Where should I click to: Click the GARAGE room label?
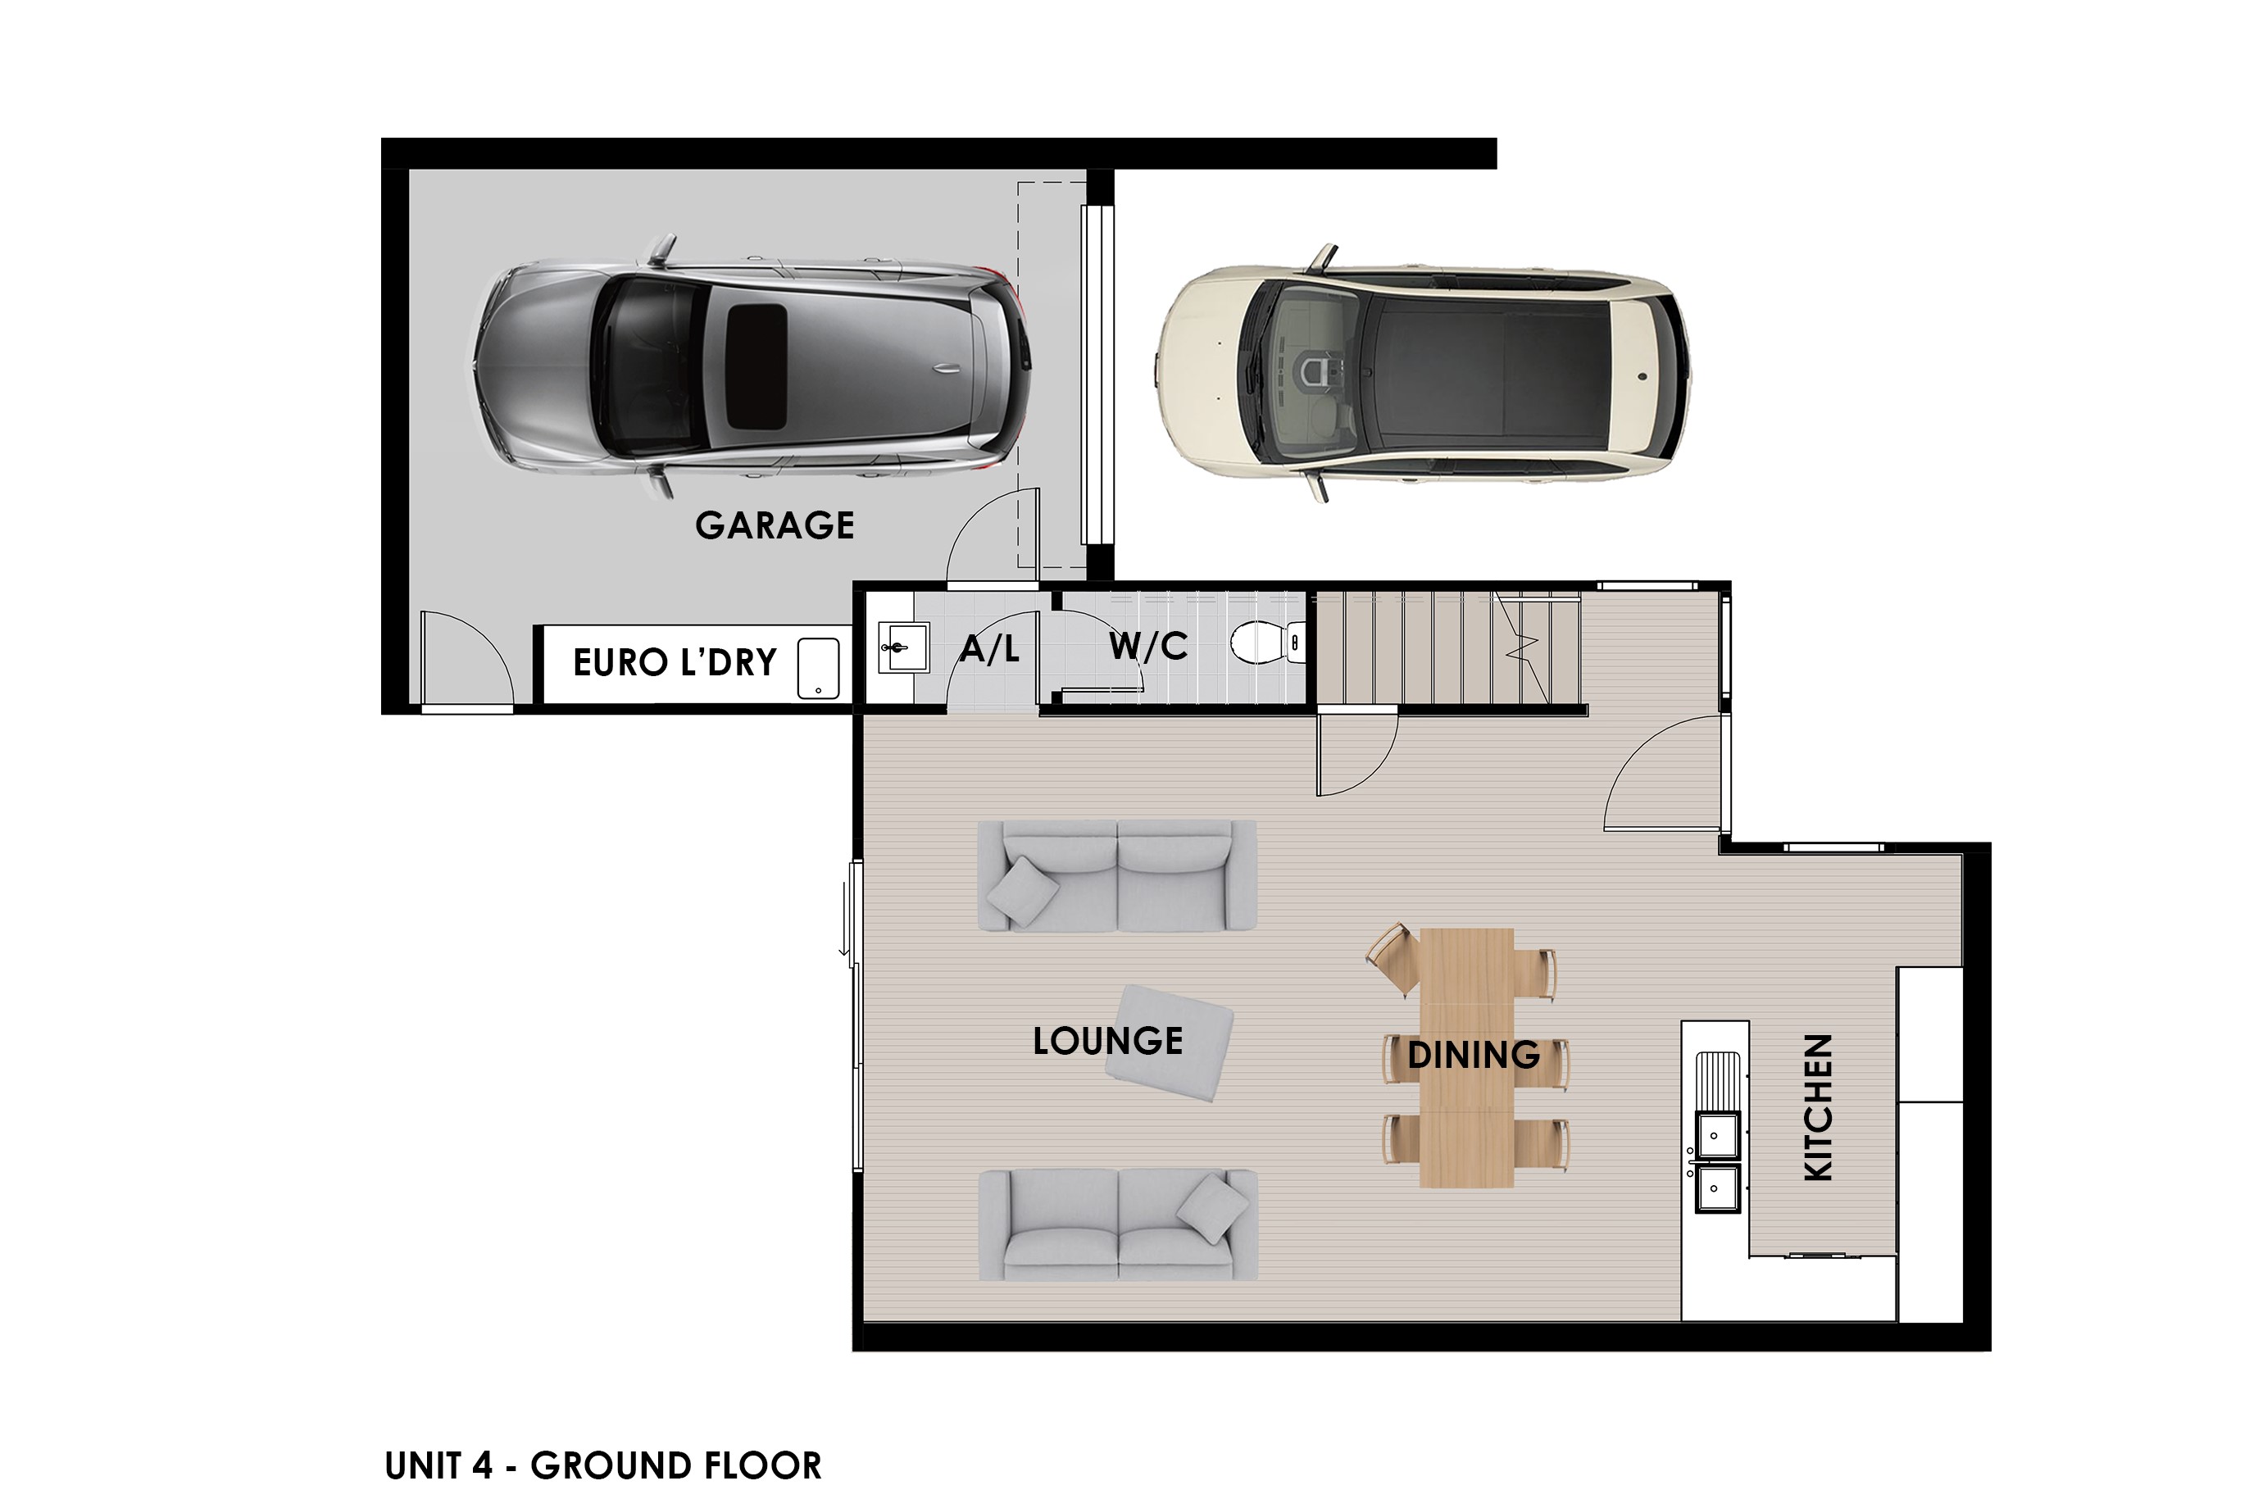click(775, 525)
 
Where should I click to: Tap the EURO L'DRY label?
click(675, 662)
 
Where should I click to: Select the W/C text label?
click(1148, 647)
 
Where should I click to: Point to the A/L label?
click(989, 649)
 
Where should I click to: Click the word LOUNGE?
click(1108, 1041)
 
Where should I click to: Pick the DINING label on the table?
click(1474, 1056)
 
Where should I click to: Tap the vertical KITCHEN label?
click(1817, 1107)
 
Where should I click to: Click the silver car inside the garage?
click(752, 368)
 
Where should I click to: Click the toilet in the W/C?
click(1267, 643)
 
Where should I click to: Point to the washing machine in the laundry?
click(818, 668)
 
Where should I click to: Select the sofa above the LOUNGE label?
click(1116, 875)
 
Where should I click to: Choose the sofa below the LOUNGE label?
click(1116, 1224)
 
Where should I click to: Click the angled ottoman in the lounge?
click(1169, 1044)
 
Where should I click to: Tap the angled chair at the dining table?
click(1394, 959)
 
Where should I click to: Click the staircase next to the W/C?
click(1449, 647)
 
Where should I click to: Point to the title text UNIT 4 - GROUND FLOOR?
click(603, 1465)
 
